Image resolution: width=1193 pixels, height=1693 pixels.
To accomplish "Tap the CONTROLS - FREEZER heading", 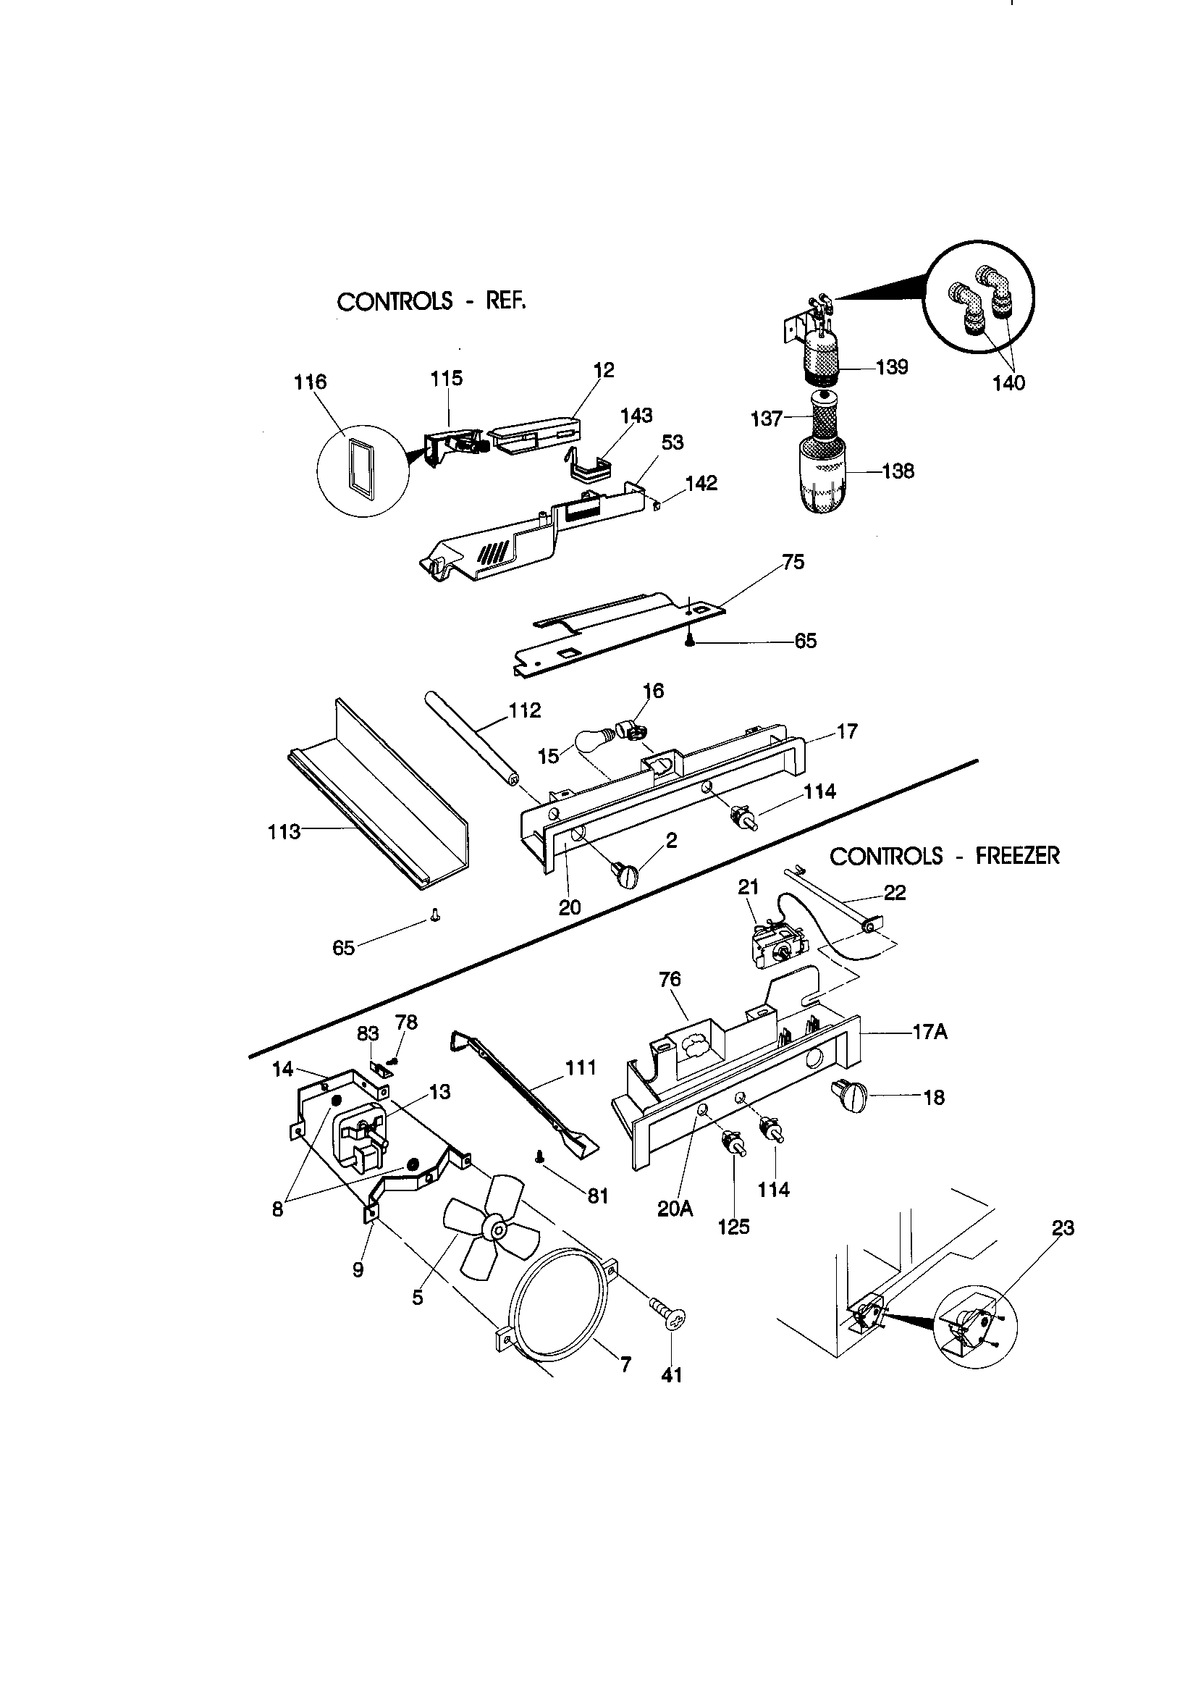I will click(x=945, y=856).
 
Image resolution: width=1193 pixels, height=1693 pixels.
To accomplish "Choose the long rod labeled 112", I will click(x=472, y=734).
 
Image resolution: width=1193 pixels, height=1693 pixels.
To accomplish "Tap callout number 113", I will click(x=284, y=832).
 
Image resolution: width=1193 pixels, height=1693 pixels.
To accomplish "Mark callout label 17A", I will click(x=929, y=1033).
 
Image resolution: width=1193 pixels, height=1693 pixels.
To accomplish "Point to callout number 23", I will click(x=1063, y=1228).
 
